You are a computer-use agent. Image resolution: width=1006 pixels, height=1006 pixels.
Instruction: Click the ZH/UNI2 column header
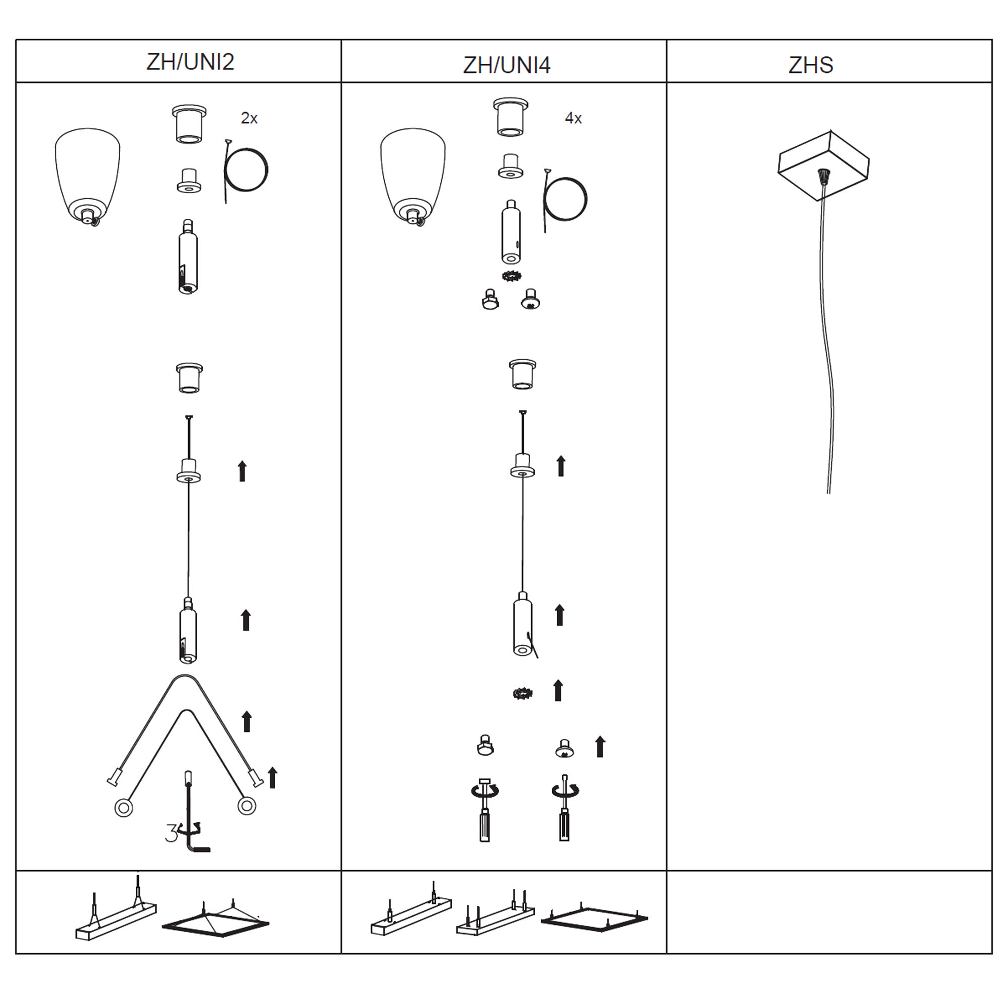(x=190, y=62)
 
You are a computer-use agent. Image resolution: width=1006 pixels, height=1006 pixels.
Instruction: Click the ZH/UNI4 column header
(x=507, y=65)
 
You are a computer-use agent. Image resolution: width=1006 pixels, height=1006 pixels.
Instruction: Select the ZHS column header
(x=811, y=65)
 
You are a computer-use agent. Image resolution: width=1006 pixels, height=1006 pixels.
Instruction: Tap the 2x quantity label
(x=249, y=118)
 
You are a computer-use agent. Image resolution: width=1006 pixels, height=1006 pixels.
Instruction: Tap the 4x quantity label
(x=573, y=118)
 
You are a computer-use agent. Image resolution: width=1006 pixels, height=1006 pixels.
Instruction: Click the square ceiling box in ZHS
(x=823, y=165)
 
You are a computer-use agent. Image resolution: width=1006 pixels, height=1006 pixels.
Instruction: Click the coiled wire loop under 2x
(x=245, y=171)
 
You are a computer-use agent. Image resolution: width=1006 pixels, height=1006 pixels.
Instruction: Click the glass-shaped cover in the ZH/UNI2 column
(x=88, y=177)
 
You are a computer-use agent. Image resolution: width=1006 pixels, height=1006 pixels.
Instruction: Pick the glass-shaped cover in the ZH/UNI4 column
(x=413, y=177)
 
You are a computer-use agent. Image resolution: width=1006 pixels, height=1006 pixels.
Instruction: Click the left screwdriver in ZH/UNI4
(x=485, y=810)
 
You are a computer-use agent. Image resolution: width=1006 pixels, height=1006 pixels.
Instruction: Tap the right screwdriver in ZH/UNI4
(x=565, y=808)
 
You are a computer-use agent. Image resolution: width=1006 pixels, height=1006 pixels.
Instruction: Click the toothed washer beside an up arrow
(x=522, y=693)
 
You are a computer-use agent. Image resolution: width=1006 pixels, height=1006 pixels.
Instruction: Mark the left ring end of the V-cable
(x=123, y=808)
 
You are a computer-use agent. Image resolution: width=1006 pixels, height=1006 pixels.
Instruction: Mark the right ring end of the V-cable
(x=246, y=806)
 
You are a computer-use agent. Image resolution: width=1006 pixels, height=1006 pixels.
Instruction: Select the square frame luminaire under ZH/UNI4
(x=595, y=918)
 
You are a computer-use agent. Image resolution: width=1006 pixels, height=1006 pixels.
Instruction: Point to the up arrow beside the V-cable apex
(x=247, y=722)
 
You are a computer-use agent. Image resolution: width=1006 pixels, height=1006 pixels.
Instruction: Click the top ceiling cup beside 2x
(x=189, y=124)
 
